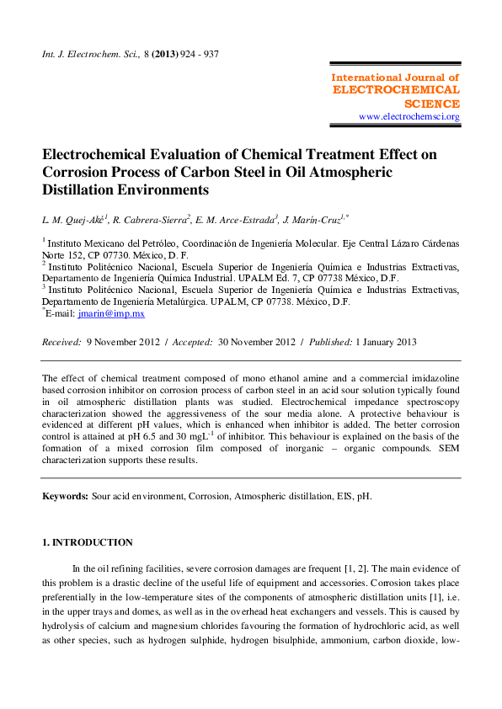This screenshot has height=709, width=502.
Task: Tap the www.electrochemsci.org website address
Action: coord(409,116)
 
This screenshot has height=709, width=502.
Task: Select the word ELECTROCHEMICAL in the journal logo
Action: coord(396,89)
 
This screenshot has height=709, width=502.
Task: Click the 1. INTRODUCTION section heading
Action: coord(88,542)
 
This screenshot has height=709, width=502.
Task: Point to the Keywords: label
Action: coord(65,497)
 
